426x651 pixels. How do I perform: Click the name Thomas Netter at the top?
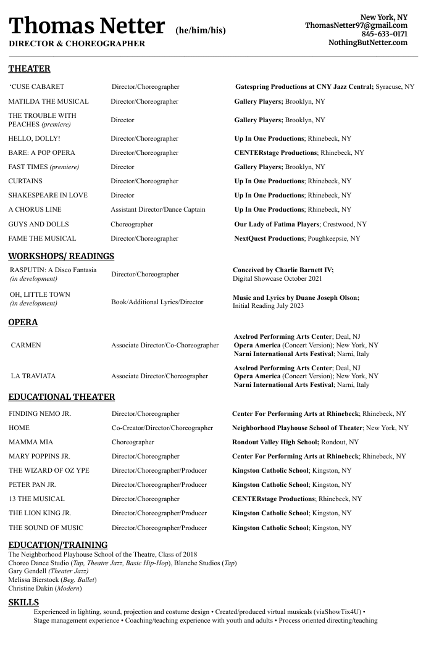(86, 26)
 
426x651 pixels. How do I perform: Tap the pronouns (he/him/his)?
(201, 30)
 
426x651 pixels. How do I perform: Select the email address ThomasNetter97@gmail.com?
(356, 25)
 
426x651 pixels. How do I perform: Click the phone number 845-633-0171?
(384, 34)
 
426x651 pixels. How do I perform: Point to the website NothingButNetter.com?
(368, 43)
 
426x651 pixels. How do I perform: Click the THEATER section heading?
(29, 68)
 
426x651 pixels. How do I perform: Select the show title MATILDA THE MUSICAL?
(48, 101)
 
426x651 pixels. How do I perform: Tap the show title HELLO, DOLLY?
(34, 139)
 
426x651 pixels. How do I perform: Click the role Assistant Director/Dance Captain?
(158, 210)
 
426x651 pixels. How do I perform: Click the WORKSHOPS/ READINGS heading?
(61, 256)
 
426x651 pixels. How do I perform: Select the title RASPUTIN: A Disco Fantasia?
(53, 270)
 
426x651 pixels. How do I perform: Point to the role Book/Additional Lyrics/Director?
(157, 302)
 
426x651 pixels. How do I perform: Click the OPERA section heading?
(23, 322)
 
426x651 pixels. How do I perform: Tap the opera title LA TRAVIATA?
(33, 376)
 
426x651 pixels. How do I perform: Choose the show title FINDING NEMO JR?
(40, 414)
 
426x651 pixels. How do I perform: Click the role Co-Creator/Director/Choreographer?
(162, 428)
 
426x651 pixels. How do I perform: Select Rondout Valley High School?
(275, 442)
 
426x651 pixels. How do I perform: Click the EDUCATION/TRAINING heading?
(58, 545)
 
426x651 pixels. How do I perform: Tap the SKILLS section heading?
(23, 602)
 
